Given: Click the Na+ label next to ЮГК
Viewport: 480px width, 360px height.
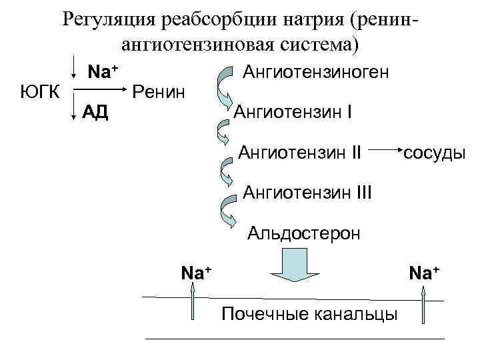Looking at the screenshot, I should pos(103,71).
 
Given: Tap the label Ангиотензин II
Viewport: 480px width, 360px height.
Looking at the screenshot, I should pos(299,154).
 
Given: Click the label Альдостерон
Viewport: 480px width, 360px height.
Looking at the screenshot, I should pos(304,233).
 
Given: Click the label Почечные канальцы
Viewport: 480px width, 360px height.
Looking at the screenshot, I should pos(309,313).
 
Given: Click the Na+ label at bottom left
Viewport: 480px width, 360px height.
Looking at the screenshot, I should pos(197,272).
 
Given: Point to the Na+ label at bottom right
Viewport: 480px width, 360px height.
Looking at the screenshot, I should pos(425,273).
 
